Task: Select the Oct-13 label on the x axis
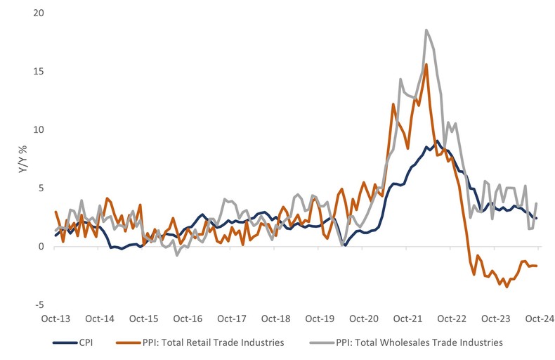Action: [55, 319]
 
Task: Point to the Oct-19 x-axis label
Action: [320, 319]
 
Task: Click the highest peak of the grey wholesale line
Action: [426, 30]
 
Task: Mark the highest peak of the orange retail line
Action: [426, 65]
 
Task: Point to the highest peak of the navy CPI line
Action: [437, 141]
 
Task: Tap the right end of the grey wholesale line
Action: [537, 204]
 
